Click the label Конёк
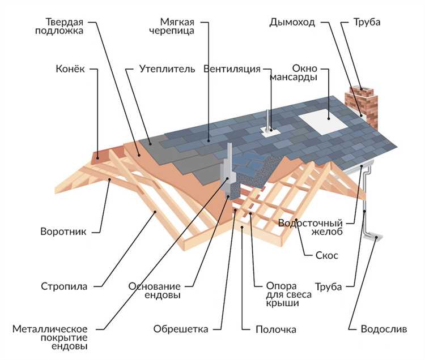point(70,68)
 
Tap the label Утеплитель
point(167,69)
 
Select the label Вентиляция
point(232,69)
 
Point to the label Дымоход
point(292,22)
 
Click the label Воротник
point(63,232)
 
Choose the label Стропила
point(64,286)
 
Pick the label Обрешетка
point(181,329)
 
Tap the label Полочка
point(276,329)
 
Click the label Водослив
point(384,329)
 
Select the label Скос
point(327,255)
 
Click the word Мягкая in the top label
point(177,22)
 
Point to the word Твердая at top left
point(64,22)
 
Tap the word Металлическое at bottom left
point(50,329)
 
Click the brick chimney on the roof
point(362,107)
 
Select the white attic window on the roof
point(323,122)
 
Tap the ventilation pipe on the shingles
point(268,125)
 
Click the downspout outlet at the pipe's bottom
point(373,237)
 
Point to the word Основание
point(155,286)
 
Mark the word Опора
point(278,286)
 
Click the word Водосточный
point(311,224)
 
